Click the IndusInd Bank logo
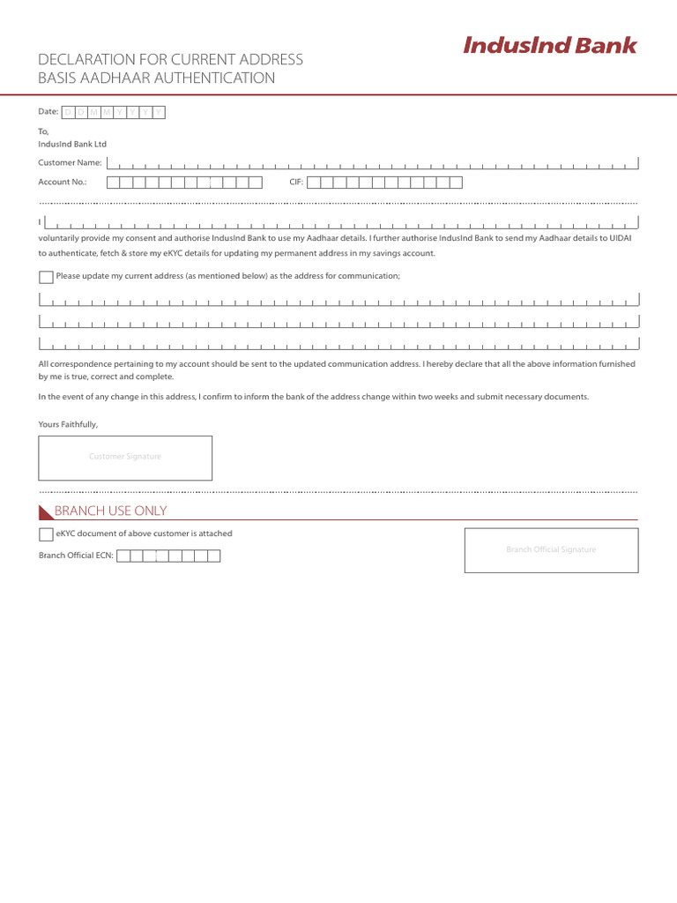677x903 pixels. pos(549,46)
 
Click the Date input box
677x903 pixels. pos(114,112)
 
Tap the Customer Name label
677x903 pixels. pos(70,162)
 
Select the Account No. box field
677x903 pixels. pos(185,183)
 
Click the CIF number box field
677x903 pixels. pos(384,183)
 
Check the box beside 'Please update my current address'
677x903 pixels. pos(46,277)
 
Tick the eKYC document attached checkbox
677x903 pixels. pos(46,534)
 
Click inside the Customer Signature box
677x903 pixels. pos(125,458)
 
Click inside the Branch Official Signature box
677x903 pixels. pos(551,550)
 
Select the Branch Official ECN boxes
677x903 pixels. pos(168,556)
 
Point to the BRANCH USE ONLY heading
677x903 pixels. pos(110,511)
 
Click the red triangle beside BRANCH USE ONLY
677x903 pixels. pos(45,512)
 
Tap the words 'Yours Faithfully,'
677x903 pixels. pos(68,424)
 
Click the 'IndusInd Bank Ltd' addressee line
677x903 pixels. pos(72,144)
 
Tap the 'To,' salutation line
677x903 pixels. pos(44,131)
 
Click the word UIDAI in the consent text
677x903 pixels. pos(621,238)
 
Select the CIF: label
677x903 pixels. pos(296,183)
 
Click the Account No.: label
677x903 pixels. pos(63,183)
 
